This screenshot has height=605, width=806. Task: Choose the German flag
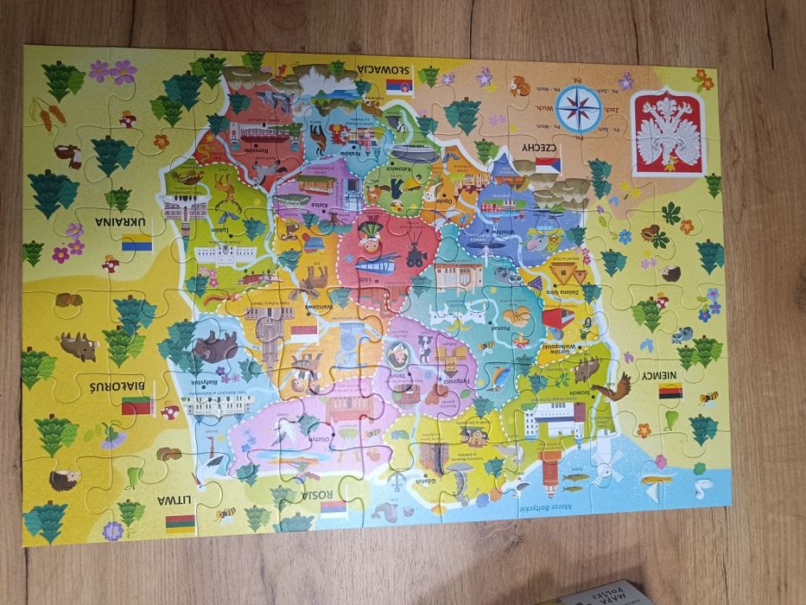670,391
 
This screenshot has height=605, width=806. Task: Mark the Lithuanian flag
180,523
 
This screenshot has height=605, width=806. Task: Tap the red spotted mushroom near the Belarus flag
169,412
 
